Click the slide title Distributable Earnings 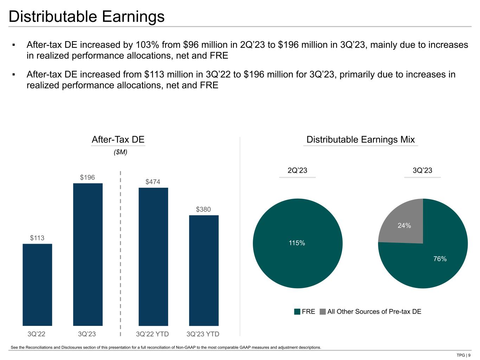click(x=87, y=17)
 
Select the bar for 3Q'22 click(x=37, y=284)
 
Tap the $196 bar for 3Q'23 click(x=88, y=254)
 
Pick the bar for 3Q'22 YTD click(x=153, y=257)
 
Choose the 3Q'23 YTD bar click(x=204, y=270)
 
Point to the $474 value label click(x=153, y=182)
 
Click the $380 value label click(x=203, y=210)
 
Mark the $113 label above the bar click(x=37, y=238)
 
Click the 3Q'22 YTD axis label click(x=153, y=334)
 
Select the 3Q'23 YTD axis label click(x=203, y=334)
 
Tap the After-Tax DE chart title click(x=118, y=140)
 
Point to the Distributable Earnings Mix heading click(x=360, y=140)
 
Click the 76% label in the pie click(x=440, y=259)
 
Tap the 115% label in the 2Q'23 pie click(x=297, y=243)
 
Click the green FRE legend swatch click(x=297, y=311)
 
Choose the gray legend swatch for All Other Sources click(x=323, y=311)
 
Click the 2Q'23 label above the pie click(x=297, y=171)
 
